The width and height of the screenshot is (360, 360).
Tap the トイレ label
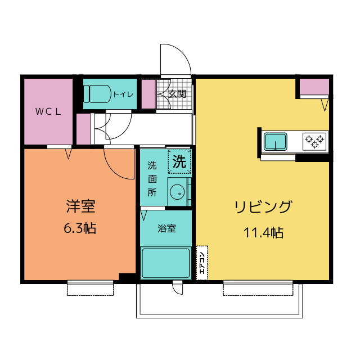tap(123, 94)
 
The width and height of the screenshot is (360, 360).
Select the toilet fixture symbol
tap(98, 93)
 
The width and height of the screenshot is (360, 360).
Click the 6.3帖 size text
tap(79, 229)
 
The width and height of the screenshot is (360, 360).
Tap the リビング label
tap(263, 207)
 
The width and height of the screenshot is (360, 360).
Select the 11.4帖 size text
tap(263, 232)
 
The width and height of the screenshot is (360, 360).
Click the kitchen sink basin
tap(276, 140)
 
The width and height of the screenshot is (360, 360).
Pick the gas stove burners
tap(314, 140)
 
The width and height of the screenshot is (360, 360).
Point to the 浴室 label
tap(166, 228)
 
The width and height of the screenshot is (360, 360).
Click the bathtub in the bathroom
tap(166, 263)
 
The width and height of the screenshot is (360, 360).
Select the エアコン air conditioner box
tap(202, 263)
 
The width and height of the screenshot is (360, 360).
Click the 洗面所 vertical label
tap(152, 178)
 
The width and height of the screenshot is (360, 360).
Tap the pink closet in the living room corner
tap(314, 87)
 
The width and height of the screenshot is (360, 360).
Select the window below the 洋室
tap(91, 288)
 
